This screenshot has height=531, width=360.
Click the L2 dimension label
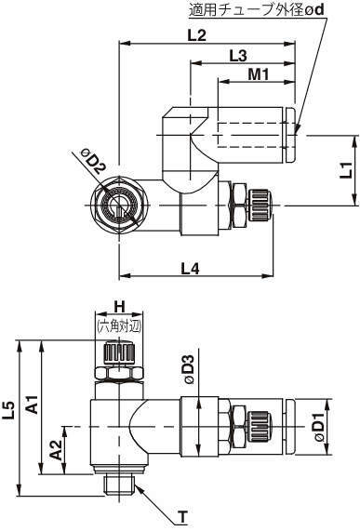197,35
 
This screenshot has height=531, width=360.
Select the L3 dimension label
238,56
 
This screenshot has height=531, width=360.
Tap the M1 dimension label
259,74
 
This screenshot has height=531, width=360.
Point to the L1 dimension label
346,170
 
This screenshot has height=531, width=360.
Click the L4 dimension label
190,269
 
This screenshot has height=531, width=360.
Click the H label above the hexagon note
119,307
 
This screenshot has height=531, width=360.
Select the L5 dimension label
8,410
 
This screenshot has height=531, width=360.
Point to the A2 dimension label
56,451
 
